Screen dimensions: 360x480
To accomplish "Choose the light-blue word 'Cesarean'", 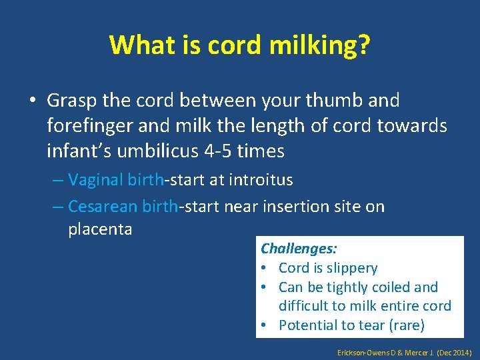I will (x=103, y=207).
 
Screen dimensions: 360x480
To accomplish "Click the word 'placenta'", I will (x=100, y=229).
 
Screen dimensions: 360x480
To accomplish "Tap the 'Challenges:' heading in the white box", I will (x=299, y=249).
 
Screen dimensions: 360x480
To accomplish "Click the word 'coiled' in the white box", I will (x=390, y=287).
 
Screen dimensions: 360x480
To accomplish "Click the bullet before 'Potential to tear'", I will (x=265, y=325).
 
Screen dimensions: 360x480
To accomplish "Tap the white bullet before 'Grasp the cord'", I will (x=33, y=101).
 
